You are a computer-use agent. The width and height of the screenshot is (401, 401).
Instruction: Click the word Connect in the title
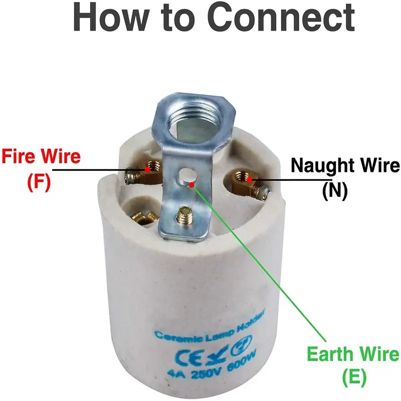pyautogui.click(x=281, y=18)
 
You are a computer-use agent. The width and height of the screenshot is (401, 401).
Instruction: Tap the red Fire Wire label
pyautogui.click(x=41, y=157)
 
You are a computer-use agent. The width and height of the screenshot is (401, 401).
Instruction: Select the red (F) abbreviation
pyautogui.click(x=39, y=182)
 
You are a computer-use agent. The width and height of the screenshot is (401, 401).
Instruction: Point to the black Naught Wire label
pyautogui.click(x=345, y=165)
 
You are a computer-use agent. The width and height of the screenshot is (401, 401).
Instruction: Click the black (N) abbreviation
pyautogui.click(x=335, y=191)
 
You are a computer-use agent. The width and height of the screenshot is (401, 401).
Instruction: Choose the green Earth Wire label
pyautogui.click(x=353, y=354)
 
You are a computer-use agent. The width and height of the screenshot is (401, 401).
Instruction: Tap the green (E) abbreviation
pyautogui.click(x=354, y=376)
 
